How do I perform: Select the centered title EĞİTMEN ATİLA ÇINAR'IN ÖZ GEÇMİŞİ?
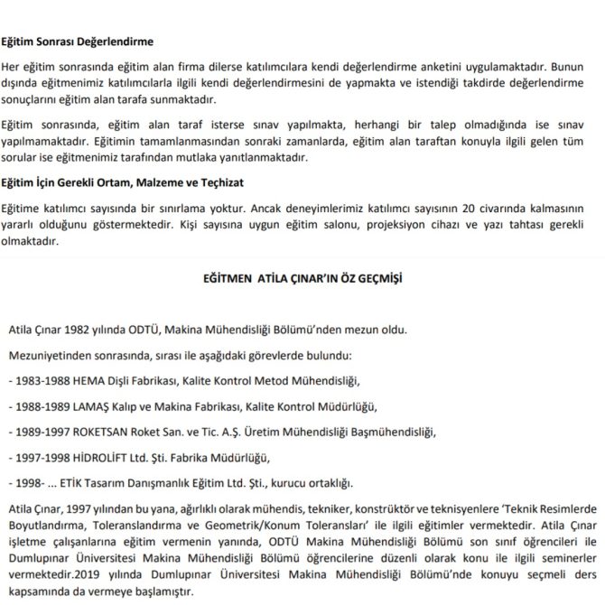point(302,280)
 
